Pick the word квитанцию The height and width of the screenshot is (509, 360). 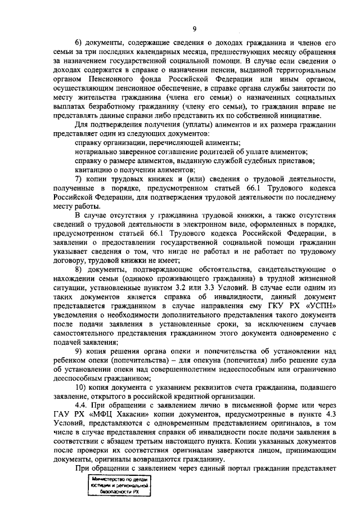[x=92, y=170]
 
